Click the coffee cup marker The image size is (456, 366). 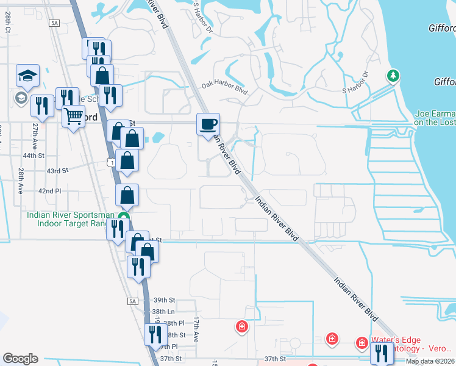pos(208,124)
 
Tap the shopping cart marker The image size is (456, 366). pos(73,115)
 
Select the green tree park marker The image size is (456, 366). pos(394,76)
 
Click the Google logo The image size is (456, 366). pos(20,359)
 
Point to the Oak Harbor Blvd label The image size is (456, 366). pos(224,87)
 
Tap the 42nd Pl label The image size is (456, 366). pos(49,191)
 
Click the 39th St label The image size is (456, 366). pos(164,300)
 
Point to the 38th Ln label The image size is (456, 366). pos(163,312)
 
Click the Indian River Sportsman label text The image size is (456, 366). pos(70,214)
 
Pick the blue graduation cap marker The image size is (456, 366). pos(27,76)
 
